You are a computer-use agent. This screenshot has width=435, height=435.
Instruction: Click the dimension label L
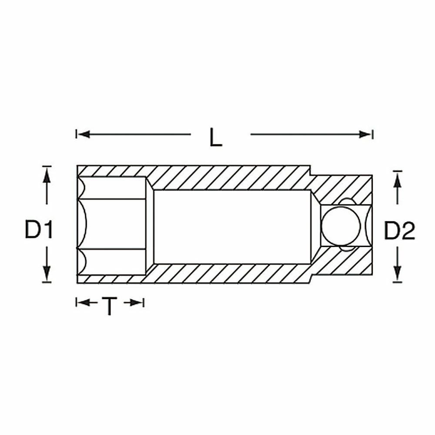pos(216,137)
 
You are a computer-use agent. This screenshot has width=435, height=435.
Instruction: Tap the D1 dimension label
pos(39,229)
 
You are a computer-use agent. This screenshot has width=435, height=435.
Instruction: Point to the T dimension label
pos(110,306)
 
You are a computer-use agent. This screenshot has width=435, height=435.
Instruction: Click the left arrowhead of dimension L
pos(84,134)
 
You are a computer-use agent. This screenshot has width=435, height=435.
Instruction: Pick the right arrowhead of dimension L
pos(365,134)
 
